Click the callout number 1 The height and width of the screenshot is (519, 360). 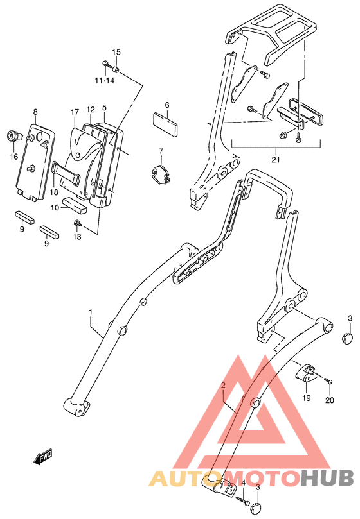coord(91,312)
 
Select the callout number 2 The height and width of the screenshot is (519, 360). coord(223,386)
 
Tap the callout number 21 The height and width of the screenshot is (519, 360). coord(275,159)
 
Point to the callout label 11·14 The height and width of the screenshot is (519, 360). coord(104,80)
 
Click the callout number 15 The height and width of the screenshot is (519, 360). coord(116,52)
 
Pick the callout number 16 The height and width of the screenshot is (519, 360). coord(13,156)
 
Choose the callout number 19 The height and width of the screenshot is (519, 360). coord(306,398)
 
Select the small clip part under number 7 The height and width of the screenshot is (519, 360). coord(160,174)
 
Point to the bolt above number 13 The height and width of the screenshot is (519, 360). coord(77,223)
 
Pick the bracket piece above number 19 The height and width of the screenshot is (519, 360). coord(305,373)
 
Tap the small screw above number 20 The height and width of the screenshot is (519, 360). coord(329,382)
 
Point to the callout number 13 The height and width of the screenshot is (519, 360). coord(78,237)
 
